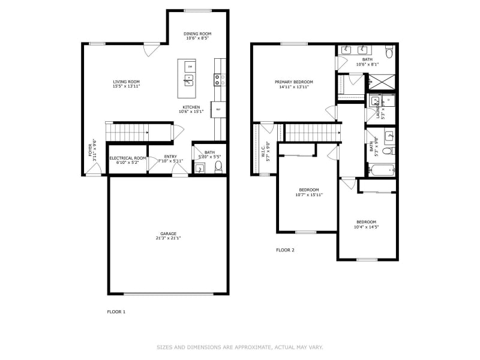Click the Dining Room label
[197, 34]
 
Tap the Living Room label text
[126, 82]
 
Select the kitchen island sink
[190, 78]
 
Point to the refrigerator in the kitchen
[219, 109]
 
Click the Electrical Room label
[127, 158]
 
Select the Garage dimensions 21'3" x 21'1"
[168, 238]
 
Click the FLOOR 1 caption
[116, 311]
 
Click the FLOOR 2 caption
[285, 250]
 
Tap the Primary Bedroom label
[294, 82]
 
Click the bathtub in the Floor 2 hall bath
[380, 170]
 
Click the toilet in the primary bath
[389, 54]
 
